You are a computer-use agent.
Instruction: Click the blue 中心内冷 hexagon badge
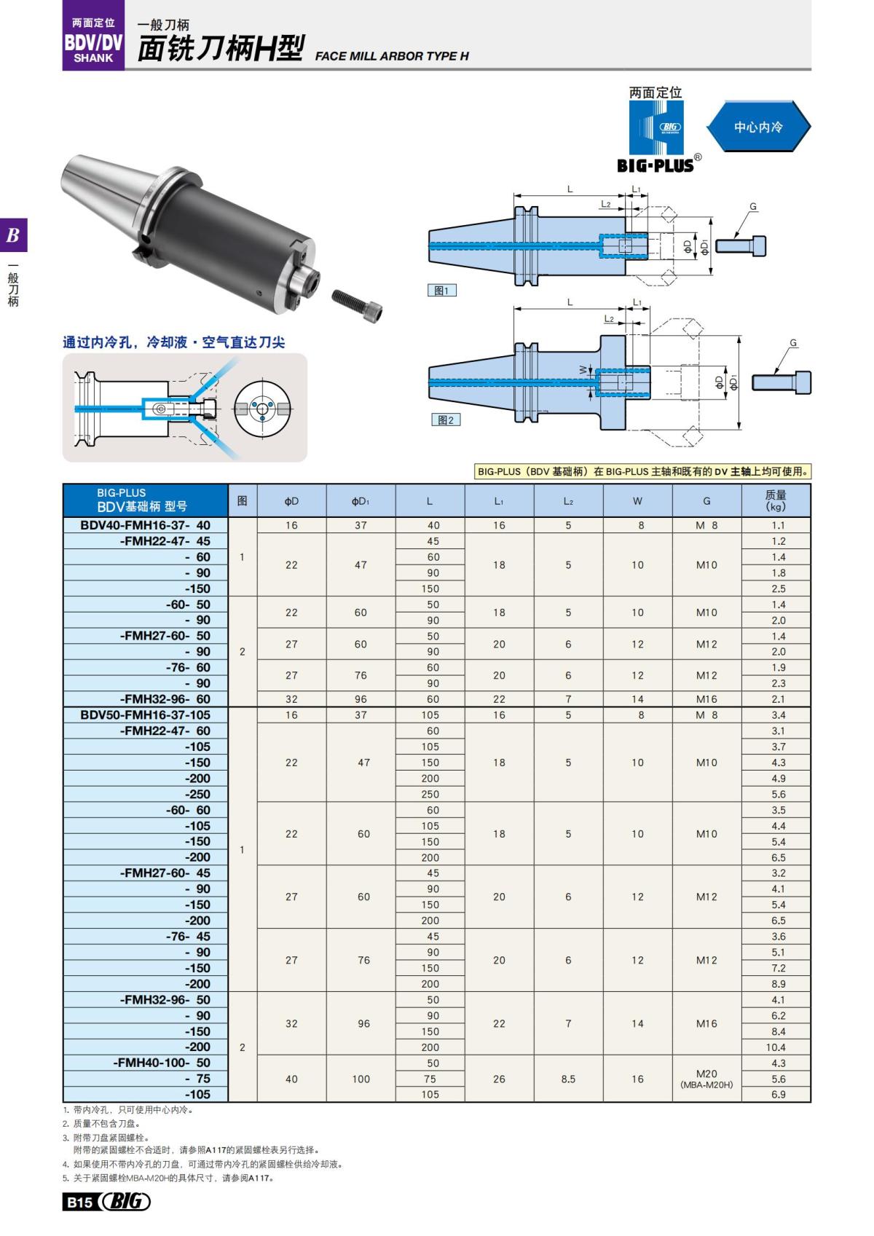point(758,127)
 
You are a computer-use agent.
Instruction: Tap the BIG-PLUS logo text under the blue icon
point(655,165)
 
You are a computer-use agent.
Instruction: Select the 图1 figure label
point(441,291)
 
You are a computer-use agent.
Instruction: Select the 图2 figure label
point(444,420)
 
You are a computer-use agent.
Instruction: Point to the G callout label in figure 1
point(753,207)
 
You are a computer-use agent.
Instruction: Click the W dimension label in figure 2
point(583,370)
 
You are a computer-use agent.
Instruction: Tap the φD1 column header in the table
point(361,501)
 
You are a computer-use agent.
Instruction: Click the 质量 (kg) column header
point(776,500)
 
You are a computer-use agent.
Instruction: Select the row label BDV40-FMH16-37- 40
point(146,525)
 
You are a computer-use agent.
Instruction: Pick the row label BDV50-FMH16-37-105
point(146,715)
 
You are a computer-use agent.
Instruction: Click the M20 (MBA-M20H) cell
point(706,1079)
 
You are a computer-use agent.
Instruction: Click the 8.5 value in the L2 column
point(568,1079)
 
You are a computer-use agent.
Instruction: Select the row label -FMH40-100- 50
point(162,1063)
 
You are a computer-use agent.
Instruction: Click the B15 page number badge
point(79,1202)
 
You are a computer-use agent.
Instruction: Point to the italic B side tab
point(13,235)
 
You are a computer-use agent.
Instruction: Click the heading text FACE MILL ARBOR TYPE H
point(392,56)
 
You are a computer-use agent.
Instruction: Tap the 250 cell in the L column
point(430,795)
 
